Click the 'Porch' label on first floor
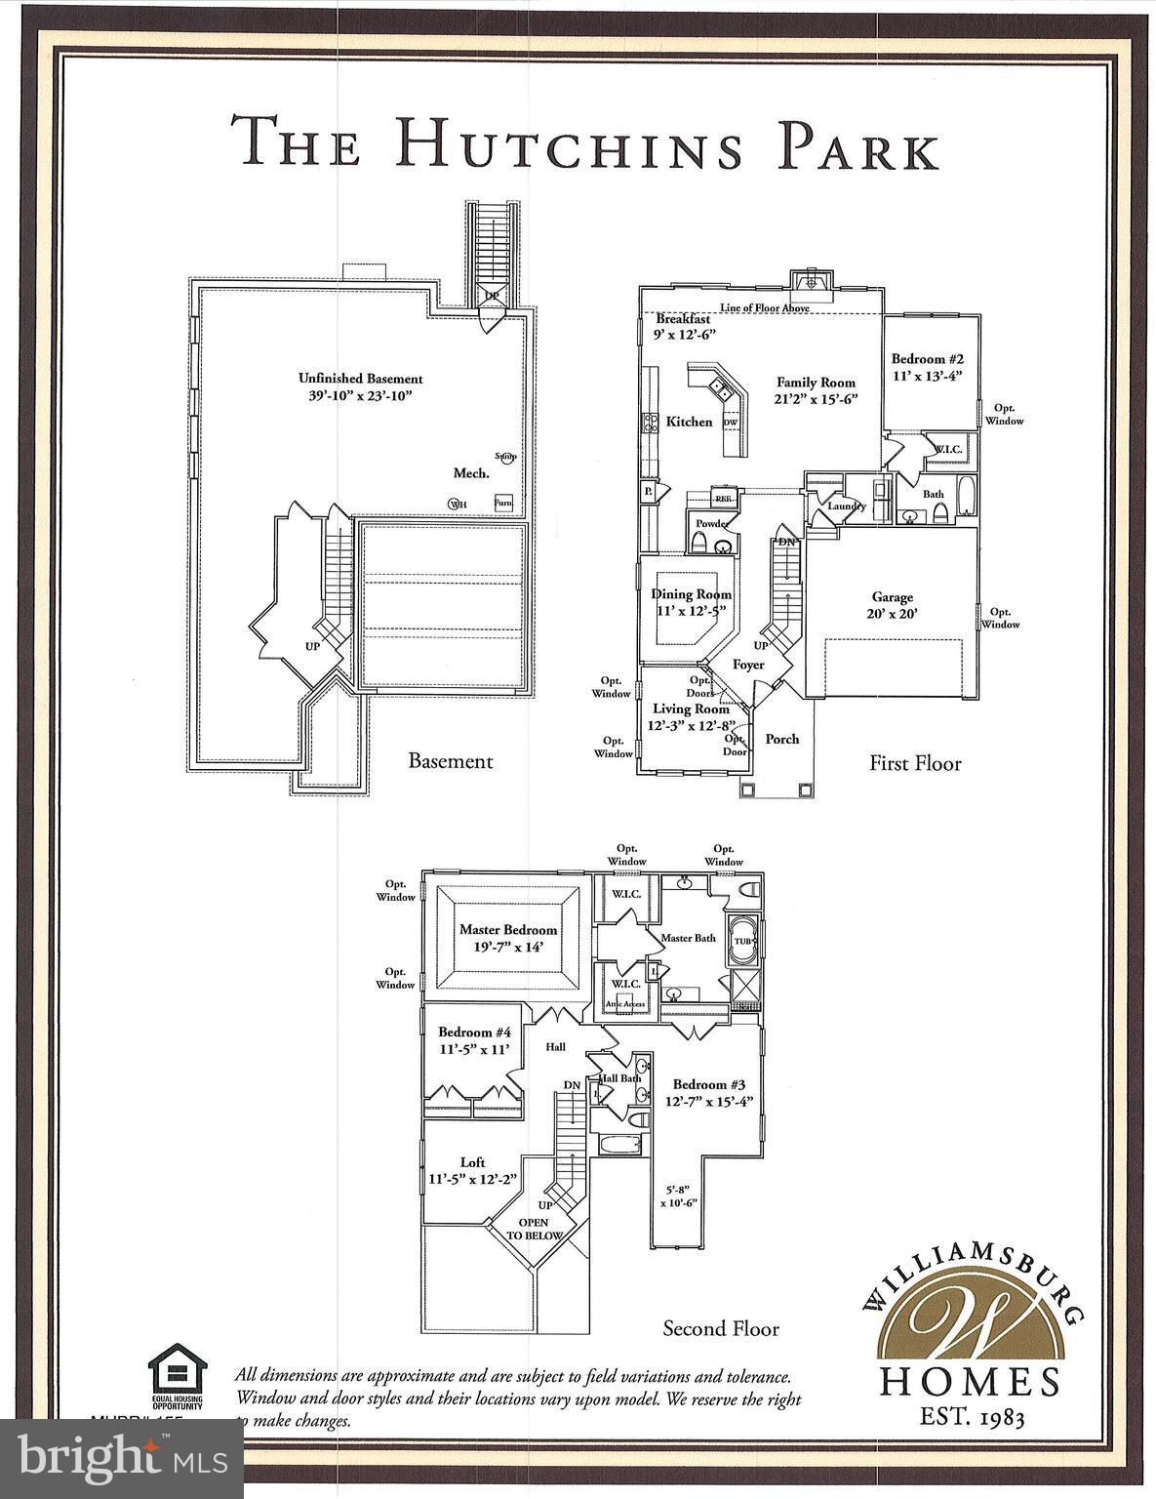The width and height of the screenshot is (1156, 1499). pyautogui.click(x=781, y=739)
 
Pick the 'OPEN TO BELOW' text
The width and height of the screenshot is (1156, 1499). pyautogui.click(x=534, y=1229)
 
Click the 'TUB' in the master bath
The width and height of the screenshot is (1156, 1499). pyautogui.click(x=743, y=941)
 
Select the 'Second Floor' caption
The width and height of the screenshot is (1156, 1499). pyautogui.click(x=721, y=1328)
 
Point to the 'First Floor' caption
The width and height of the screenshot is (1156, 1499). pyautogui.click(x=915, y=763)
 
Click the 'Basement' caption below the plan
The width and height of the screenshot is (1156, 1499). pyautogui.click(x=450, y=761)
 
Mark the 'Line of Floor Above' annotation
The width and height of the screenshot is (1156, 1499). pyautogui.click(x=764, y=308)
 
